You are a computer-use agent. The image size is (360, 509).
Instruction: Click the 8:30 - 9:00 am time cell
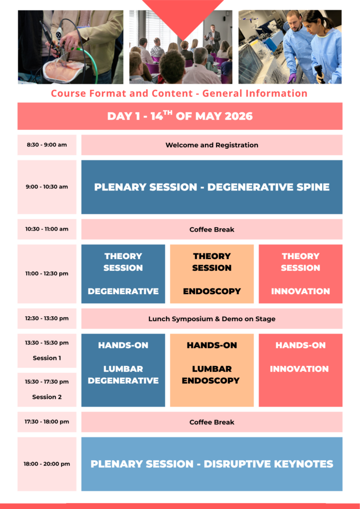tap(47, 145)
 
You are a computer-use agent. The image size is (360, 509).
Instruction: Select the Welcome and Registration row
tap(212, 145)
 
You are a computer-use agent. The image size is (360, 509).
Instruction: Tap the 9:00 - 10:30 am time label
tap(47, 187)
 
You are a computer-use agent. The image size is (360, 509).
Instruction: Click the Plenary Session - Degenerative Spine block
tap(212, 187)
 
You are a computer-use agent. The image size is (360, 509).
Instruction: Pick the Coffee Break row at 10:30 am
tap(212, 229)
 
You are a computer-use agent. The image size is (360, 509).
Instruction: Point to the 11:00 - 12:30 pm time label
tap(47, 273)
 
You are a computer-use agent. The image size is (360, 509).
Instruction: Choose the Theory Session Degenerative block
tap(123, 274)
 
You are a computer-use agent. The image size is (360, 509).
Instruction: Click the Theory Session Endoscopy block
tap(212, 274)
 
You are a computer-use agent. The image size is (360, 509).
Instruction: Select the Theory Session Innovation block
tap(300, 274)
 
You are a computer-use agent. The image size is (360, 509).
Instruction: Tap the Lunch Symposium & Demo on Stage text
tap(212, 319)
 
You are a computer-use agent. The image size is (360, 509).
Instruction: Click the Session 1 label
tap(47, 358)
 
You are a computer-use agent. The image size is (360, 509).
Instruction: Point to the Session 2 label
tap(47, 397)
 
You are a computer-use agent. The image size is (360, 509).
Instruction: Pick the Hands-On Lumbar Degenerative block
tap(123, 370)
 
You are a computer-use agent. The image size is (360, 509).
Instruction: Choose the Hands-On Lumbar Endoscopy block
tap(212, 370)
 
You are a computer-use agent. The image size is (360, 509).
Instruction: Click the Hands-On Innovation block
tap(300, 370)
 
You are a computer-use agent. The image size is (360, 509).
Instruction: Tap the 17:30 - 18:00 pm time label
tap(47, 422)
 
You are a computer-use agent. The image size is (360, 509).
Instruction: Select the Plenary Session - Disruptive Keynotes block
tap(212, 464)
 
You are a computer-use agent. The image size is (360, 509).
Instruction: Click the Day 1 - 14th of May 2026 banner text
tap(180, 115)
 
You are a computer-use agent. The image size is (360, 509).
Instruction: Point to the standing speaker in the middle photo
tap(213, 37)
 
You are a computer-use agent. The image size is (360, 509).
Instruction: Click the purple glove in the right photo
tap(291, 78)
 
